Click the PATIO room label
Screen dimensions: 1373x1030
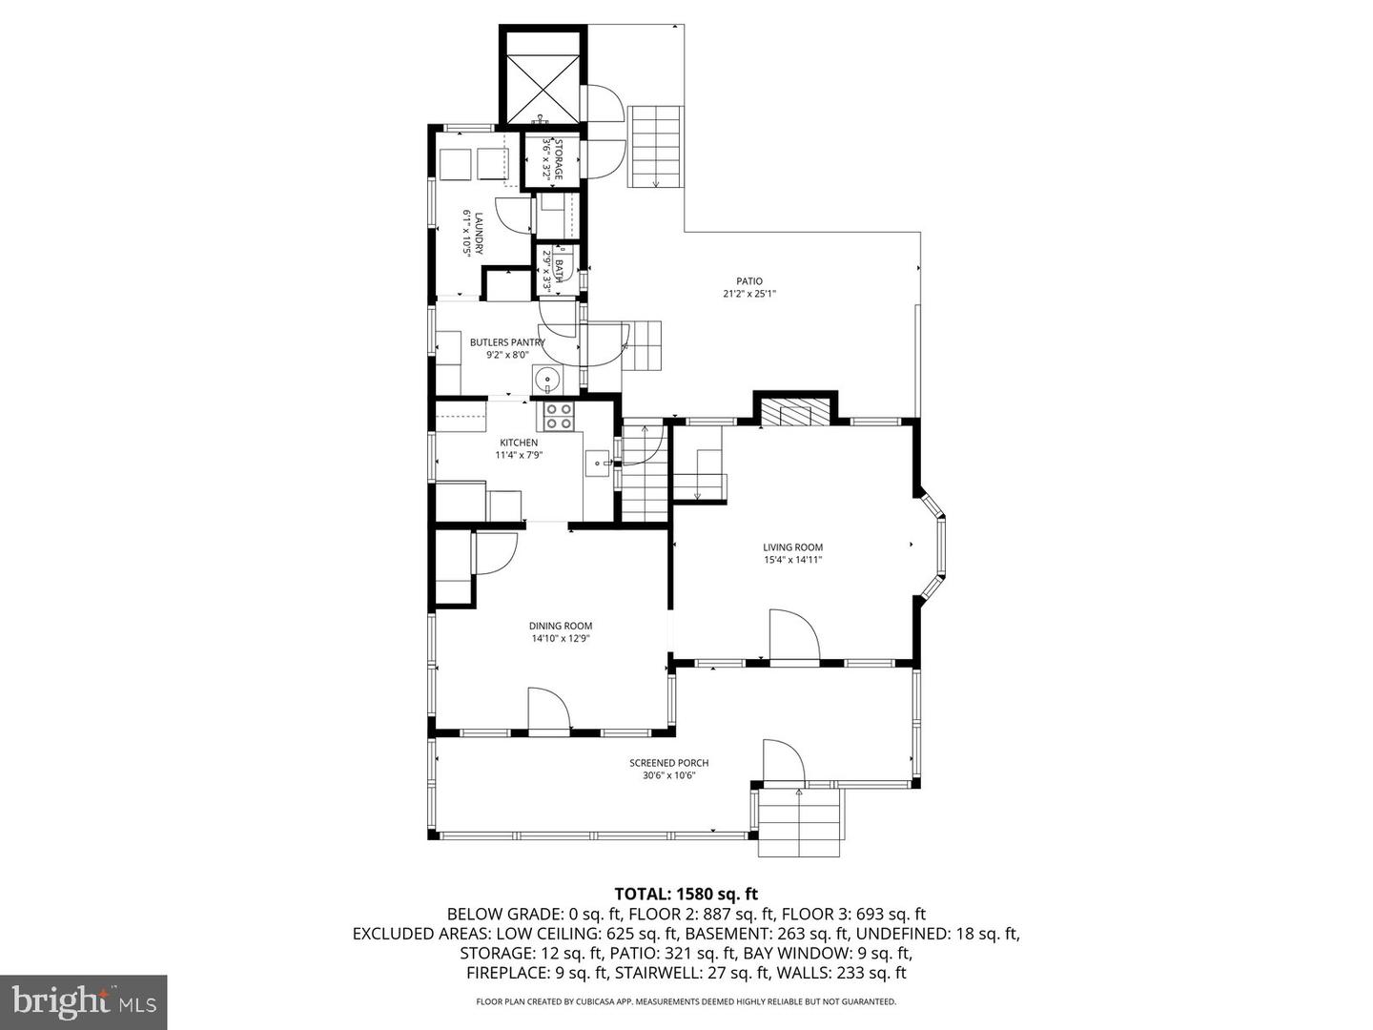click(749, 281)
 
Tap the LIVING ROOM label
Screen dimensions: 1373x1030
click(792, 547)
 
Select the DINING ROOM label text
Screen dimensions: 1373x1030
click(561, 626)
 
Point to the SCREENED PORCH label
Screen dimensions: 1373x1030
click(668, 763)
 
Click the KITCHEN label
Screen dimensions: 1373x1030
click(519, 443)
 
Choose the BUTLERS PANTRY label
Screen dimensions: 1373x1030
click(507, 342)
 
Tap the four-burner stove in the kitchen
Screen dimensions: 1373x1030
click(559, 416)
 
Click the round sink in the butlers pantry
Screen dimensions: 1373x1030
click(548, 381)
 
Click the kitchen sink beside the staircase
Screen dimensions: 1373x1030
click(598, 463)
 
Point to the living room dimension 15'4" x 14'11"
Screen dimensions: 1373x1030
click(792, 561)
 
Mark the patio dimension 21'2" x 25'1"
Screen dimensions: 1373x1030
click(749, 294)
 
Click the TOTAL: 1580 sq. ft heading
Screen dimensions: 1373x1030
click(686, 893)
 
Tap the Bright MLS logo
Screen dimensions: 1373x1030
click(83, 1001)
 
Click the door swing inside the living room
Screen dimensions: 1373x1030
click(794, 635)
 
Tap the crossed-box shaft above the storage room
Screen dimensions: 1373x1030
click(542, 88)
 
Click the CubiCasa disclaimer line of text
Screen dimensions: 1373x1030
click(686, 1001)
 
